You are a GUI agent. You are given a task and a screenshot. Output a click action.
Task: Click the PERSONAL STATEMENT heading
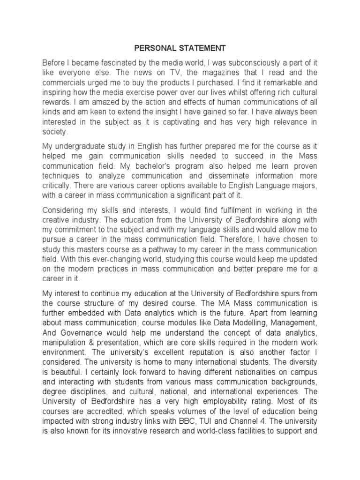(180, 48)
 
